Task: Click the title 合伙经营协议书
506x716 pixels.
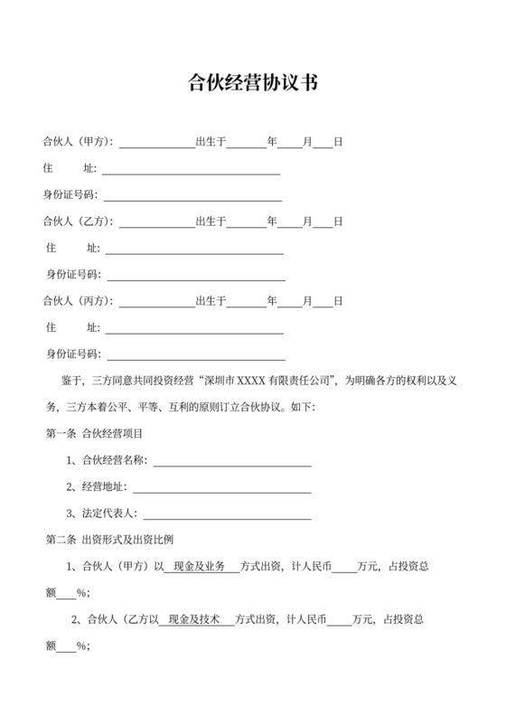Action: [x=252, y=84]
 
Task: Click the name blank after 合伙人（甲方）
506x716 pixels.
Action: [x=156, y=143]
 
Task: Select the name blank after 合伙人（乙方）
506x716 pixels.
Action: [x=156, y=222]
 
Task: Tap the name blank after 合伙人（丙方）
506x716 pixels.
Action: [x=156, y=301]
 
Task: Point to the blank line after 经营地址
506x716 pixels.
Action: [x=221, y=487]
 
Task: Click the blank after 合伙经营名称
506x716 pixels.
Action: [x=232, y=461]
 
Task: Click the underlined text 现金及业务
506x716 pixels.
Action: [x=199, y=567]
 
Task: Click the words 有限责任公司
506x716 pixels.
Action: [x=309, y=381]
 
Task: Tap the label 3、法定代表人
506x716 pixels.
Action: [x=101, y=514]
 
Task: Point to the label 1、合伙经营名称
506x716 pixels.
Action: [x=106, y=461]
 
